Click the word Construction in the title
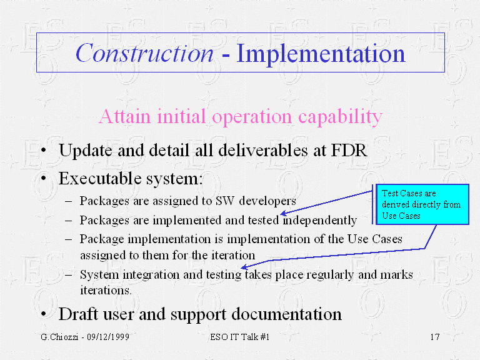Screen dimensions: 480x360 pos(144,53)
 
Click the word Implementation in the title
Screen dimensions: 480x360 pos(321,54)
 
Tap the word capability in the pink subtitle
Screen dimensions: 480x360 pos(340,117)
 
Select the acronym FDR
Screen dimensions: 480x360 pos(349,150)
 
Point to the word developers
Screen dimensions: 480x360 pos(267,201)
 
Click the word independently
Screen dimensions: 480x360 pos(319,221)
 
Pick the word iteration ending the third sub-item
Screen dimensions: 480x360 pos(233,255)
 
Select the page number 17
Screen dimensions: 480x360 pos(435,337)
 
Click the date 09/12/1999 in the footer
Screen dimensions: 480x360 pos(108,337)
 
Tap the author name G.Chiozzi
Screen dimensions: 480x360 pos(59,337)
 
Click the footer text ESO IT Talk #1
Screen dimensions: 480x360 pos(240,337)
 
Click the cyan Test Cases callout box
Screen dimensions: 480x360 pos(422,204)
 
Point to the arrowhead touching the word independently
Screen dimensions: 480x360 pos(284,213)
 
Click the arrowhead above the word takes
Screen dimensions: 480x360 pos(244,267)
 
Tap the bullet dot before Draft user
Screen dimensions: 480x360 pos(44,314)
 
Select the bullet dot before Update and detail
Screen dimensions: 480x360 pos(44,150)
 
